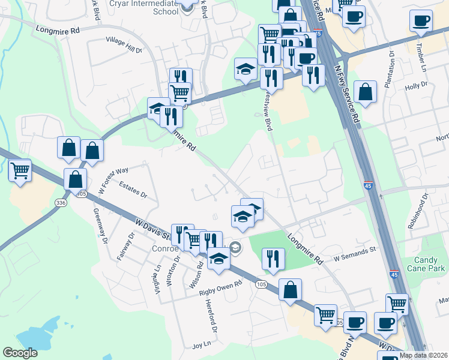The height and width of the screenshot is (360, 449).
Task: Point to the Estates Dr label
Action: pyautogui.click(x=133, y=190)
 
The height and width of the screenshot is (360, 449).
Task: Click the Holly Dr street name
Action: pyautogui.click(x=415, y=86)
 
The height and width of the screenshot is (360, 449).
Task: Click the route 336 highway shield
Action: pyautogui.click(x=60, y=203)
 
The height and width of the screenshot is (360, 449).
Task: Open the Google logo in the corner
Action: pyautogui.click(x=20, y=352)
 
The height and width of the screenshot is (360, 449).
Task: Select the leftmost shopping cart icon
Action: pyautogui.click(x=20, y=170)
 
